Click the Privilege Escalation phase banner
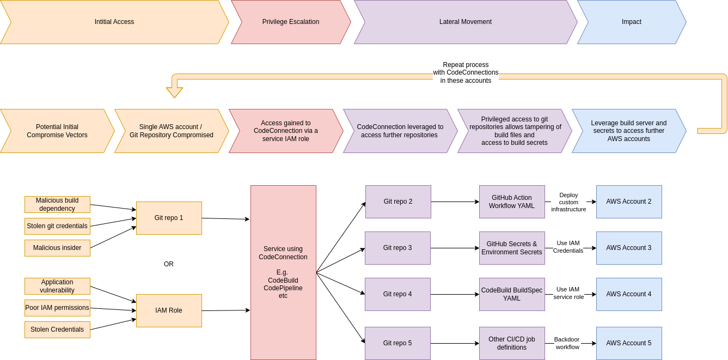(x=291, y=22)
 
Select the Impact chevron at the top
(x=632, y=22)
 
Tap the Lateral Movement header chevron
(x=465, y=22)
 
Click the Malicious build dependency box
(x=57, y=204)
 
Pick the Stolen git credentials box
(x=57, y=226)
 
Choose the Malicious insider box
(x=57, y=248)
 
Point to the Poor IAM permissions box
(x=57, y=308)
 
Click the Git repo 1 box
(x=169, y=218)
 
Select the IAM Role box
(x=169, y=310)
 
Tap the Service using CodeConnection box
(x=283, y=272)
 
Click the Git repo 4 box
(x=397, y=294)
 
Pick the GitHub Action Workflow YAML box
(x=512, y=202)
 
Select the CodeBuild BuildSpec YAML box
(x=512, y=294)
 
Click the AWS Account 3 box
(x=629, y=248)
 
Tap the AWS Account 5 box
(x=629, y=343)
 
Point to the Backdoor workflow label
(x=567, y=343)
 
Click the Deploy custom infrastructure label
(x=568, y=202)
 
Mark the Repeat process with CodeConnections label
(x=466, y=72)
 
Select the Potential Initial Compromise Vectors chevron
(x=57, y=131)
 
